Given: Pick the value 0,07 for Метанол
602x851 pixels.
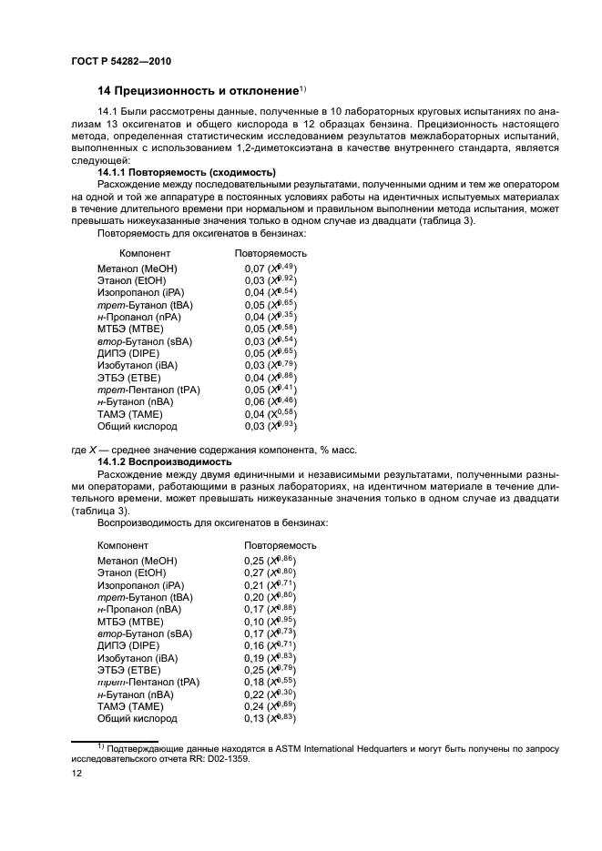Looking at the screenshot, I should (254, 269).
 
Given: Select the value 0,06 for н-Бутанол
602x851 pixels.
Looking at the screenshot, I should (254, 400).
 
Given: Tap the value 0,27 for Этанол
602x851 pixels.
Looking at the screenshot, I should (254, 573).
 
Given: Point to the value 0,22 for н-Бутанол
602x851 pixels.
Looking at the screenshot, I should (254, 694).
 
